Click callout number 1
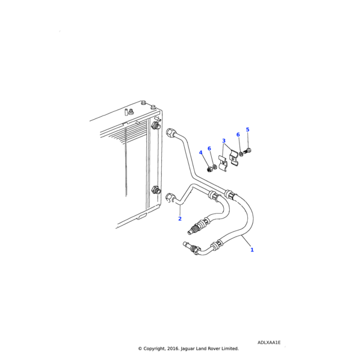(x=252, y=250)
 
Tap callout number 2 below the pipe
(x=180, y=219)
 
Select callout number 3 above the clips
(x=224, y=141)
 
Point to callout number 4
(x=200, y=153)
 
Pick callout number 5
(x=247, y=129)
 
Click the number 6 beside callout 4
(x=209, y=149)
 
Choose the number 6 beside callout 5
(x=238, y=135)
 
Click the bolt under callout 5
(x=247, y=152)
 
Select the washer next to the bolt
(x=241, y=154)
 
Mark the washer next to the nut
(x=214, y=167)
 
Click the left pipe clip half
(x=223, y=163)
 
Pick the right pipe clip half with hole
(x=233, y=158)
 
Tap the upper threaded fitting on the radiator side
(x=155, y=126)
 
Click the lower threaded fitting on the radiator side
(x=155, y=190)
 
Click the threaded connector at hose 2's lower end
(x=194, y=228)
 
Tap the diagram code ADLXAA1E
(x=269, y=342)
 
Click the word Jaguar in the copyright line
(x=188, y=349)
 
